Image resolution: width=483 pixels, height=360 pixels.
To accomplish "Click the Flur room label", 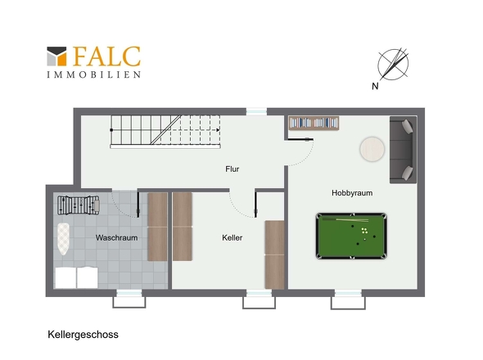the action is (232, 169).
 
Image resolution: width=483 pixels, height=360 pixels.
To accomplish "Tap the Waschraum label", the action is (116, 238).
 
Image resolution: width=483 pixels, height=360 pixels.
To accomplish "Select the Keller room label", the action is (232, 238).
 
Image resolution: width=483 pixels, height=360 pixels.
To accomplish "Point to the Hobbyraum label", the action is (352, 193).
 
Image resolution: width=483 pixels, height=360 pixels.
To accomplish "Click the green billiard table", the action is (351, 236).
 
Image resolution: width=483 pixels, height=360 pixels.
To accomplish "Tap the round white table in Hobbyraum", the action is (372, 149).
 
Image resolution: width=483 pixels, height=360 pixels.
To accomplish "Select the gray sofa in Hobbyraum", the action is (404, 150).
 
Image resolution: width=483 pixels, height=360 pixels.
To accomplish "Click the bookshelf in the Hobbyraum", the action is (314, 123).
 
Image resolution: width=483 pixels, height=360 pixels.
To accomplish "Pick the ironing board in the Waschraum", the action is (64, 239).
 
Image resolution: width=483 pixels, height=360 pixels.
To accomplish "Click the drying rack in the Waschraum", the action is (79, 205).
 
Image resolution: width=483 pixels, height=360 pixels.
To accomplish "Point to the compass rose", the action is (394, 65).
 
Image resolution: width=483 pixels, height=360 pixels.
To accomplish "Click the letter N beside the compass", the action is (375, 86).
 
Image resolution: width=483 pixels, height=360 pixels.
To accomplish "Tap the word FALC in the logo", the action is (106, 56).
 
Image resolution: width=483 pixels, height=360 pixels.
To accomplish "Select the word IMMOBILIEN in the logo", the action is (94, 74).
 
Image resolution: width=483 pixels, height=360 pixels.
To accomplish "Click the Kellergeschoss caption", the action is (83, 335).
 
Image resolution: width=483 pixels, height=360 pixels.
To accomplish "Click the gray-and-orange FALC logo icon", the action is (56, 56).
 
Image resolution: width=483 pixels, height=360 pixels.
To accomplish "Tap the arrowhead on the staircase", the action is (218, 130).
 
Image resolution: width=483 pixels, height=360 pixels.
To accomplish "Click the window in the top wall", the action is (256, 111).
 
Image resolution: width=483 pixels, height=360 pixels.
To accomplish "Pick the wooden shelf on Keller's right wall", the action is (274, 254).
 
